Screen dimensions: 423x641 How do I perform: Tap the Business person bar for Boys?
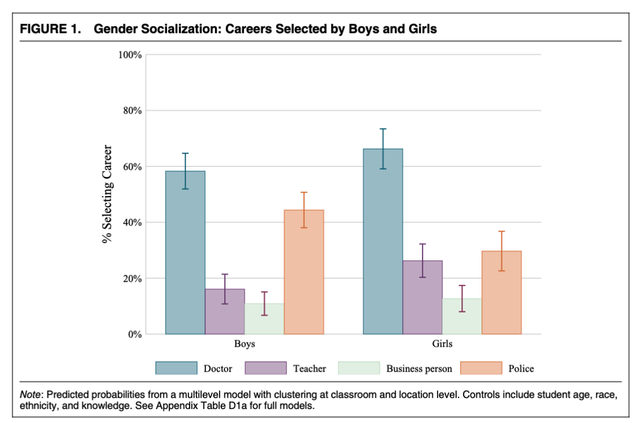[264, 319]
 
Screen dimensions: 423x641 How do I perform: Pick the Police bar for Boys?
[304, 272]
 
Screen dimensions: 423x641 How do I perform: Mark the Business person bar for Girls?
[462, 317]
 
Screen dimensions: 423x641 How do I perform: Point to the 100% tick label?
[130, 55]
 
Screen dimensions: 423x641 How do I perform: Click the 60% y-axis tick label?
[133, 167]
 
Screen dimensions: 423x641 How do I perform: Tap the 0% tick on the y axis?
[135, 334]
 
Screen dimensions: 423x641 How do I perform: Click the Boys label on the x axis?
[244, 344]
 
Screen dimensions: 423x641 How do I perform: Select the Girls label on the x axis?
[442, 344]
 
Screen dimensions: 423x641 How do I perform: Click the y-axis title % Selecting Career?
[108, 194]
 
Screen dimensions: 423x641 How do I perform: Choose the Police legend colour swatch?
[480, 368]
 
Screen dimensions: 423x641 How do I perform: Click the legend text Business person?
[419, 369]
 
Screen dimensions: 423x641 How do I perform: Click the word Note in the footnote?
[31, 394]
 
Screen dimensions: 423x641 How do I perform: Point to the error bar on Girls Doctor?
[383, 149]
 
